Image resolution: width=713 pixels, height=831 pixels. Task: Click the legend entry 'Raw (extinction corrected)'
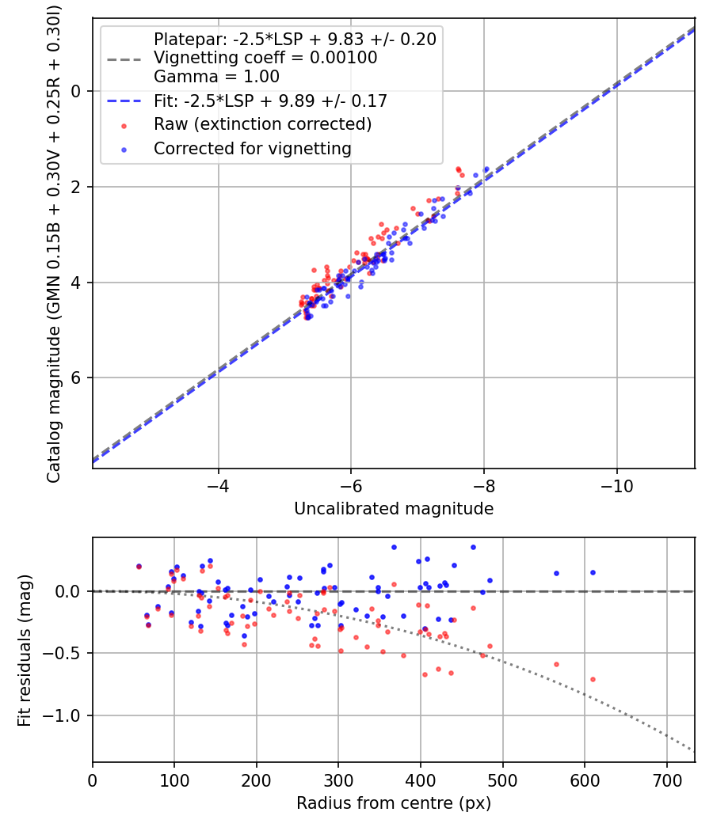[x=262, y=124]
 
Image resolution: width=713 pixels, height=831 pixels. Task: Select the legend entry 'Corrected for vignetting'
[x=252, y=148]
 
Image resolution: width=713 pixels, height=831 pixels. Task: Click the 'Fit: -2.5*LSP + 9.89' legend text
[x=270, y=101]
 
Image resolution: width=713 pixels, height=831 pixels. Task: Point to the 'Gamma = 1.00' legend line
[x=216, y=77]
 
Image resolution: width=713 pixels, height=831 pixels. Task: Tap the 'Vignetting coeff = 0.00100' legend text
[x=265, y=58]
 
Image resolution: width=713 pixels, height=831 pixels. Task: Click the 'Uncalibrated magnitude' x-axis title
[x=394, y=509]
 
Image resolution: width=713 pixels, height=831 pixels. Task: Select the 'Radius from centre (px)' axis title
[x=394, y=803]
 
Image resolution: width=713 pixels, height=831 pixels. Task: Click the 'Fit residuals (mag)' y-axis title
[x=25, y=650]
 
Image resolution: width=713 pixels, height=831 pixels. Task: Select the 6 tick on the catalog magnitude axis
[x=77, y=378]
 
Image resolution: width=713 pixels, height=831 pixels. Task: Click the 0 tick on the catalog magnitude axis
[x=77, y=91]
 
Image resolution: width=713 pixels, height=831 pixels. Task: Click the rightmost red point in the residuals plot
[x=593, y=679]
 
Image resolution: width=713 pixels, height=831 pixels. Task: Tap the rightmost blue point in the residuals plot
[x=593, y=572]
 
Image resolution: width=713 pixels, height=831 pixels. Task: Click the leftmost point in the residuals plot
[x=139, y=567]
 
